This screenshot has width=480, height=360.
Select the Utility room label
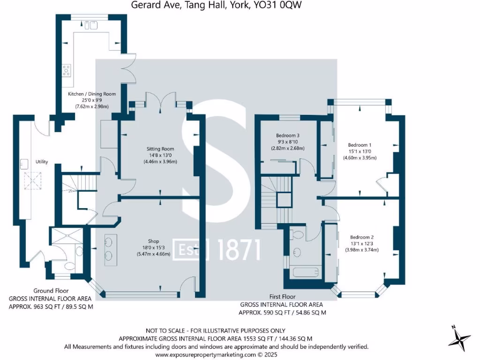coord(42,162)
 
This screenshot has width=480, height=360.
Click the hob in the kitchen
coord(67,71)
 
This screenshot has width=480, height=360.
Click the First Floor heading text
coord(282,297)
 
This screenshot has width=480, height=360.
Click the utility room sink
coord(23,164)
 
